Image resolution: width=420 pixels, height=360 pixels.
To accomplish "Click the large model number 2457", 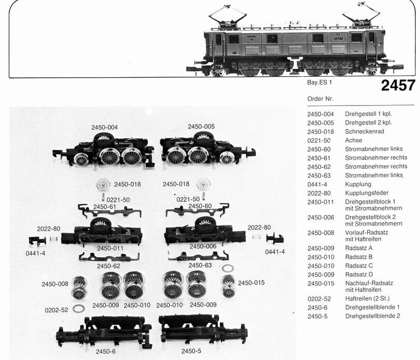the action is tap(398, 86).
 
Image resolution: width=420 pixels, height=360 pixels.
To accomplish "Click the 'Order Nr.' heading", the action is tap(320, 99).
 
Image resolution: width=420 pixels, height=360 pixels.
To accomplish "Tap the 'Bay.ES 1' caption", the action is tap(319, 83).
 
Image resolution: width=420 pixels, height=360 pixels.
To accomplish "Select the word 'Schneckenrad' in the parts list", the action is tap(364, 131).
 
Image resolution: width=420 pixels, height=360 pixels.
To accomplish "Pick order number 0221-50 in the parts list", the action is tap(319, 140).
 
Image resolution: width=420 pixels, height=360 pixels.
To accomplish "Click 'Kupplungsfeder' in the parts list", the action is tap(366, 193).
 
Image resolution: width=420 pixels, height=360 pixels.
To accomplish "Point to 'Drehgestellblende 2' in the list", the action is tap(373, 316).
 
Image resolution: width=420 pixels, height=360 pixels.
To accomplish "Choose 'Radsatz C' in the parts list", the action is tap(359, 265).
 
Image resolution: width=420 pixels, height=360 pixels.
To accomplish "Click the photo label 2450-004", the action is tap(104, 127).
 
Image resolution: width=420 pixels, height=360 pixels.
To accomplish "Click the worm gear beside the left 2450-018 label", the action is tap(103, 184).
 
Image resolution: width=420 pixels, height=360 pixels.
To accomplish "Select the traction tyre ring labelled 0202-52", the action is tap(79, 309).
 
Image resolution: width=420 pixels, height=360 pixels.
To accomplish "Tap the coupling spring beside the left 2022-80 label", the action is tap(54, 238).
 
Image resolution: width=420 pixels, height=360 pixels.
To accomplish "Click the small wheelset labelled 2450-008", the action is tap(79, 287).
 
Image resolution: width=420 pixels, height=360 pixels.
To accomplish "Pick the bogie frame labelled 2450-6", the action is tap(104, 332).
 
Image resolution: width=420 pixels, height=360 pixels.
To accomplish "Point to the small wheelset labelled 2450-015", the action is tap(228, 286).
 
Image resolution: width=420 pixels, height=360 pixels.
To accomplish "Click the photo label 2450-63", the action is tap(200, 265).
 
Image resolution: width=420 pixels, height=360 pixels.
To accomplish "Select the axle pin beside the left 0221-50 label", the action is tap(103, 197).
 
